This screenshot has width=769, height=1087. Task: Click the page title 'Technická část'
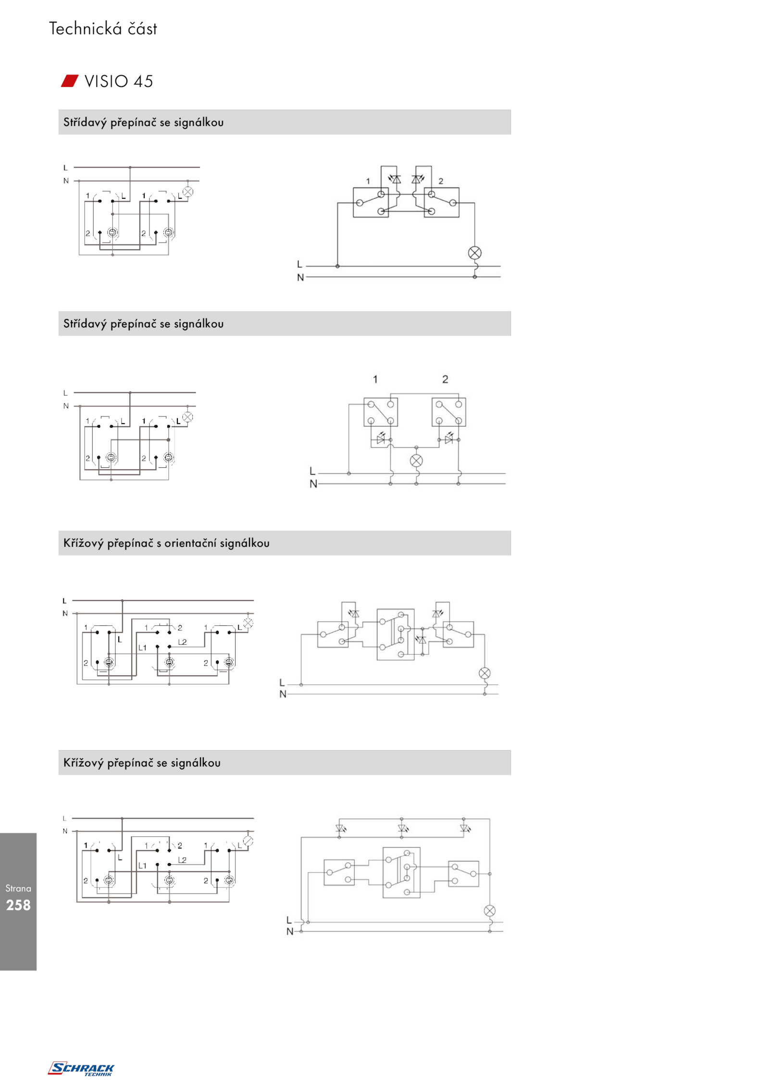(x=103, y=29)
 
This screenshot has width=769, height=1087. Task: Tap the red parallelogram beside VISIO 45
(x=70, y=81)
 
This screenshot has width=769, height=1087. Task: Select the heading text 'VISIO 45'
(x=119, y=81)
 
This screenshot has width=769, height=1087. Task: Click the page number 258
(x=18, y=905)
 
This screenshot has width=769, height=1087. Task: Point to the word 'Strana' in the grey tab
(x=18, y=889)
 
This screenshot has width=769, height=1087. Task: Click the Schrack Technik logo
(x=81, y=1069)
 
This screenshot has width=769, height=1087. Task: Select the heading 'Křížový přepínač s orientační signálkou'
(x=166, y=543)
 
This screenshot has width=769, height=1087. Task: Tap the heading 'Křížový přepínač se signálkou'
(x=142, y=763)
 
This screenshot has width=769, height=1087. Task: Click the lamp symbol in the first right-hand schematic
(x=475, y=253)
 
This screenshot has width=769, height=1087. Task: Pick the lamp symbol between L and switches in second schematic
(x=416, y=461)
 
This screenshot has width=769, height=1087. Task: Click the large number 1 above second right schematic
(x=375, y=379)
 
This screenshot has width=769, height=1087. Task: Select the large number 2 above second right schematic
(x=445, y=379)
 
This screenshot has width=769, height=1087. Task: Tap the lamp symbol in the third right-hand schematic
(x=484, y=673)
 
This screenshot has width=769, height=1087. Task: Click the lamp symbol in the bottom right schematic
(x=489, y=911)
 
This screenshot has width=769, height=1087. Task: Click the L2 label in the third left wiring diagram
(x=182, y=642)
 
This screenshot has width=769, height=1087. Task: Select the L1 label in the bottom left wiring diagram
(x=142, y=866)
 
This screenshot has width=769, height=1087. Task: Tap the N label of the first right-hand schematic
(x=300, y=278)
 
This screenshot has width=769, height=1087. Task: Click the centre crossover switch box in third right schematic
(x=396, y=635)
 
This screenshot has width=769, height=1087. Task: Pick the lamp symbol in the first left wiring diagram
(x=188, y=192)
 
